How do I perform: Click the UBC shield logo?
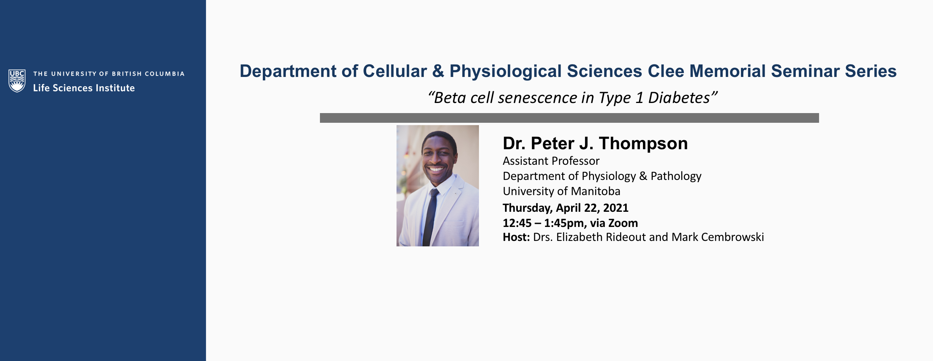17,81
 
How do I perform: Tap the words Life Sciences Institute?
84,88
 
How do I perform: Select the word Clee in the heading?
666,71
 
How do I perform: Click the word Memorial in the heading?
727,71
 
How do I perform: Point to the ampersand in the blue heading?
438,71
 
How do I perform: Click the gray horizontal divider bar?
569,118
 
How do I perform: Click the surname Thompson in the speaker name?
643,144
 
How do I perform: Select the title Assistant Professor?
551,161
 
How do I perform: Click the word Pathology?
676,176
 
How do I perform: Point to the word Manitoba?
596,191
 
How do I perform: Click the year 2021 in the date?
616,208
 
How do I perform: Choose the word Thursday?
528,208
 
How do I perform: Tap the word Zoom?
623,223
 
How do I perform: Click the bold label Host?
516,237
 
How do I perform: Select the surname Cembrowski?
733,237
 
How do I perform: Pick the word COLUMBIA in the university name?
164,74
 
